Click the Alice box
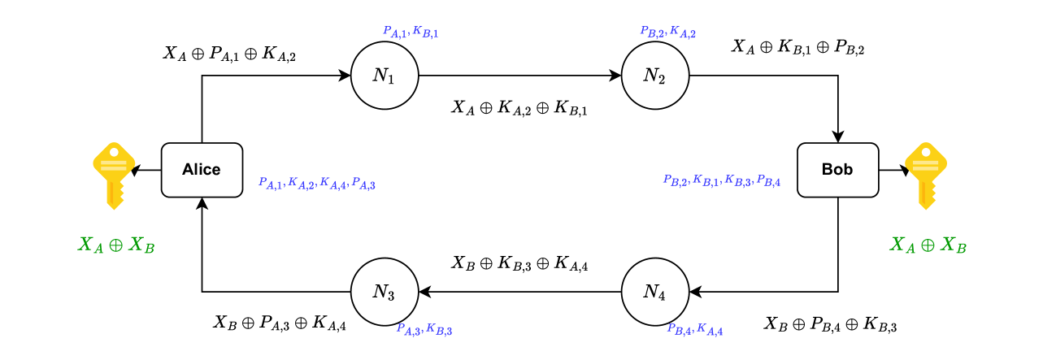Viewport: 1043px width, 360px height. tap(202, 170)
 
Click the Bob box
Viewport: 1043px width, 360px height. tap(837, 170)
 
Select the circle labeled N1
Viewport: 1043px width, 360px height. tap(384, 76)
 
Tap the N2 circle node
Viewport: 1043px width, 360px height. tap(654, 76)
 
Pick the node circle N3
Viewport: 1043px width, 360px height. tap(384, 293)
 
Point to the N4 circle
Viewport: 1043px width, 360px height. tap(654, 293)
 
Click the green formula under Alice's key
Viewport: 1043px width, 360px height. tap(115, 245)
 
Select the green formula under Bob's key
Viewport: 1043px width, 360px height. tap(928, 245)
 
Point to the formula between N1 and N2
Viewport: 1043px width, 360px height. tap(519, 107)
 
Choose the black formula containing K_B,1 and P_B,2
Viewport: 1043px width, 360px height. tap(797, 47)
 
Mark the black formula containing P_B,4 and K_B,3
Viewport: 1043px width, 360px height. tap(830, 325)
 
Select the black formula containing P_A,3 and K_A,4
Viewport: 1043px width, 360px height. tap(280, 323)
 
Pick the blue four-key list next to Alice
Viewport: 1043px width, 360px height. tap(316, 184)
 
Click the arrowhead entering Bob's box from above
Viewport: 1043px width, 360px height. tap(837, 136)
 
